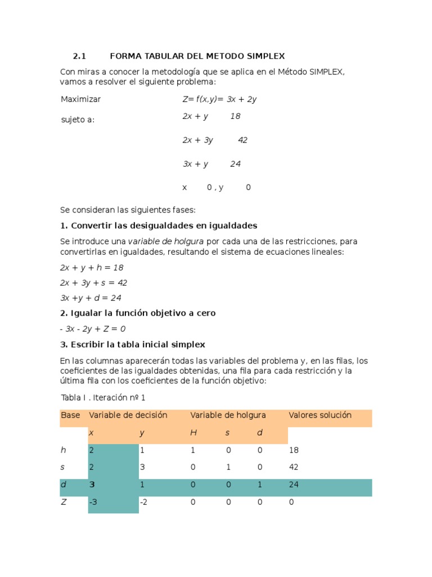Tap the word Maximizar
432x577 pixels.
pyautogui.click(x=80, y=99)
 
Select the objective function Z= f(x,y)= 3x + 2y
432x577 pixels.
pyautogui.click(x=219, y=99)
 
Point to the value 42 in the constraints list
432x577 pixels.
pyautogui.click(x=242, y=140)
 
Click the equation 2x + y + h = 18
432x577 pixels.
pyautogui.click(x=92, y=268)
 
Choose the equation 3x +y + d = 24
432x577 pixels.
pyautogui.click(x=91, y=298)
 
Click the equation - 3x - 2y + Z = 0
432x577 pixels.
pyautogui.click(x=93, y=329)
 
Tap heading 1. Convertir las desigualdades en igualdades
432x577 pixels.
pyautogui.click(x=159, y=226)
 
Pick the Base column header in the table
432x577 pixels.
pyautogui.click(x=70, y=415)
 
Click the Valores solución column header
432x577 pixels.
pyautogui.click(x=319, y=415)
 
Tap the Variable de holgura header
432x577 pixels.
pyautogui.click(x=228, y=415)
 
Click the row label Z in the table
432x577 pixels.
pyautogui.click(x=64, y=502)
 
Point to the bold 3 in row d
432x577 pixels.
pyautogui.click(x=92, y=485)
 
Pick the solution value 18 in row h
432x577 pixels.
pyautogui.click(x=293, y=450)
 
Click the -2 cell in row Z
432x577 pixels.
pyautogui.click(x=143, y=502)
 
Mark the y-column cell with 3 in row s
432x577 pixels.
pyautogui.click(x=142, y=468)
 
